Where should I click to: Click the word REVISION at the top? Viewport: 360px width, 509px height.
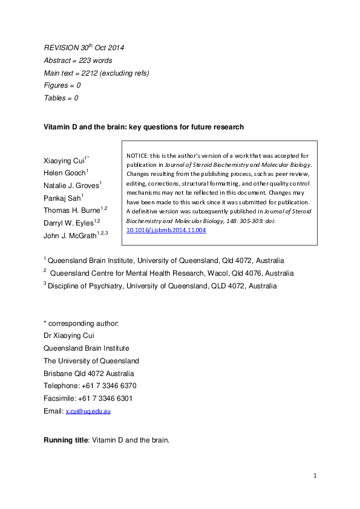(x=62, y=47)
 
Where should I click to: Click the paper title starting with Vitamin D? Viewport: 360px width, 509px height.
(x=143, y=127)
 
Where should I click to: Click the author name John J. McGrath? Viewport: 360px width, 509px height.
(x=70, y=236)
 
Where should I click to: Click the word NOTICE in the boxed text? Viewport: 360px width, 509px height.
(x=137, y=155)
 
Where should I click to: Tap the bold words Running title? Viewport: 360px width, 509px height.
(x=65, y=440)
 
